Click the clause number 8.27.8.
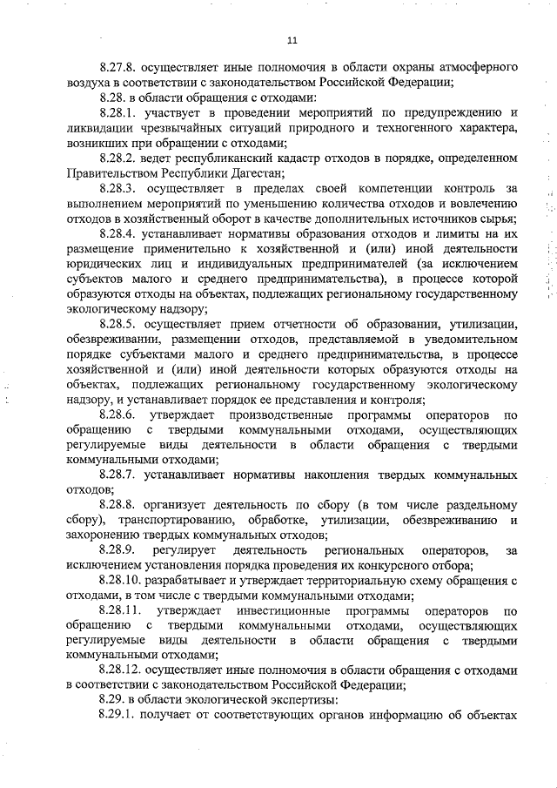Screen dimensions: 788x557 [x=119, y=66]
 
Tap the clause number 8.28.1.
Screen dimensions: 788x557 [x=119, y=113]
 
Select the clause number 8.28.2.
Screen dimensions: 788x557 [x=119, y=160]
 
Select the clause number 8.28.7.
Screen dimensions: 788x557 [x=119, y=475]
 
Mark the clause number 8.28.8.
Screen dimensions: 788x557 [x=119, y=506]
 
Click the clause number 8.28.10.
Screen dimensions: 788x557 [x=122, y=581]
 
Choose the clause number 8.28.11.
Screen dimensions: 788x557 [x=122, y=610]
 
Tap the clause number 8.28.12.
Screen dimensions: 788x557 [x=122, y=671]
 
